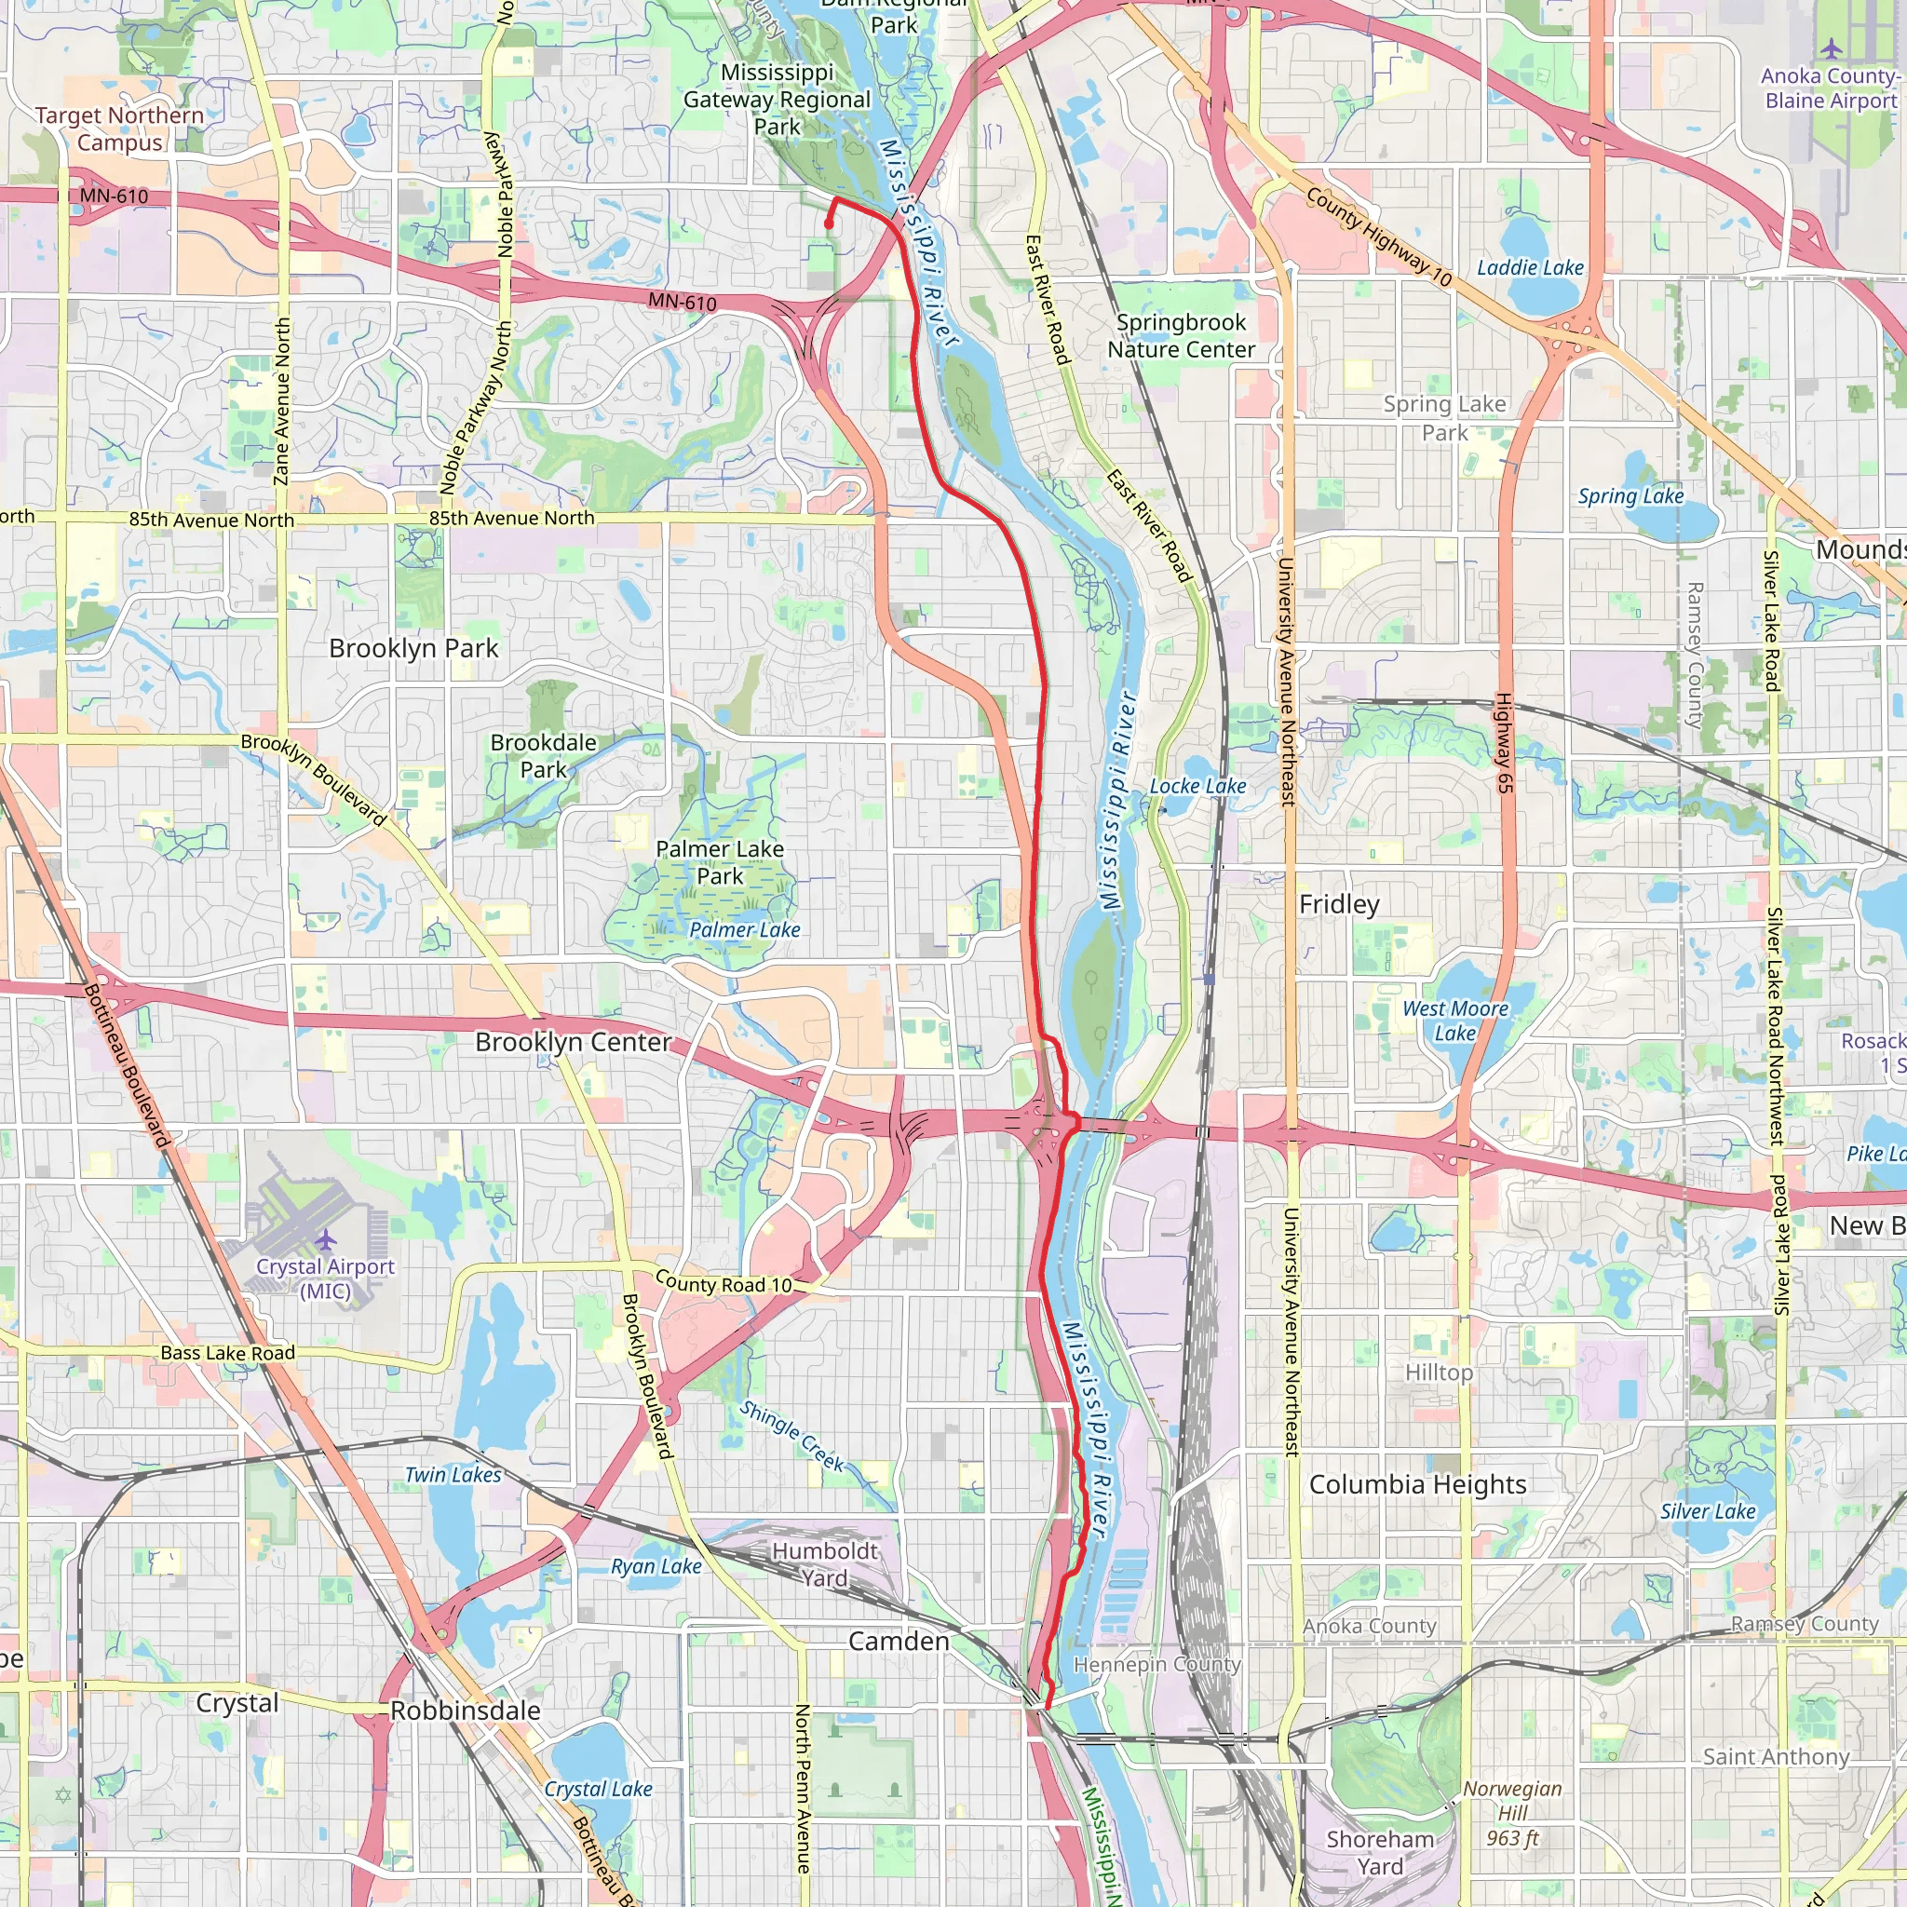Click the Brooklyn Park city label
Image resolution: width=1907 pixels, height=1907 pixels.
click(x=413, y=648)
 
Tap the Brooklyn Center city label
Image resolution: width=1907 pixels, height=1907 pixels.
click(x=573, y=1042)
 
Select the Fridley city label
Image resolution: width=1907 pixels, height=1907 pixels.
click(x=1338, y=904)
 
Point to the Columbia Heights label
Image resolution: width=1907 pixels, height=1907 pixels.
click(x=1417, y=1484)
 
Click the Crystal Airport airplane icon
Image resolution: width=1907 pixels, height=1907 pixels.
click(x=326, y=1238)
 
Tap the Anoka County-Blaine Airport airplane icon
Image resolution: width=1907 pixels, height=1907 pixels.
click(x=1832, y=48)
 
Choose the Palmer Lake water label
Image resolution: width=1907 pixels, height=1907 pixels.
click(x=744, y=930)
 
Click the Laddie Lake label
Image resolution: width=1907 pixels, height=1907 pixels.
click(x=1530, y=267)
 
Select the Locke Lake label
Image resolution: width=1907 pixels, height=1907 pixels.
click(x=1197, y=786)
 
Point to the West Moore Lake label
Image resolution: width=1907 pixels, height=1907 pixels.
click(x=1455, y=1021)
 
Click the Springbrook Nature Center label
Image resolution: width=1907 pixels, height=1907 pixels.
click(x=1181, y=335)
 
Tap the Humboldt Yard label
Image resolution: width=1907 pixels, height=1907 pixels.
click(x=824, y=1564)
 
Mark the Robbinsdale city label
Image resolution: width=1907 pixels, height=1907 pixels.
click(x=466, y=1711)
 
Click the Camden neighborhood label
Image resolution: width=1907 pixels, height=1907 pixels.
click(x=899, y=1642)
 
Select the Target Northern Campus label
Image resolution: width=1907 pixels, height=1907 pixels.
click(x=119, y=128)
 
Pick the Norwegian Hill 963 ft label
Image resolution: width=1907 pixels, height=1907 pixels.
click(x=1512, y=1813)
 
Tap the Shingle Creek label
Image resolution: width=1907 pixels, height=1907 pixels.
click(x=792, y=1437)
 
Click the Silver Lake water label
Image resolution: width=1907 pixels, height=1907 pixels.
click(x=1708, y=1511)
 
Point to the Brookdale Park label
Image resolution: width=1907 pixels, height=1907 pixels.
click(x=544, y=756)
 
